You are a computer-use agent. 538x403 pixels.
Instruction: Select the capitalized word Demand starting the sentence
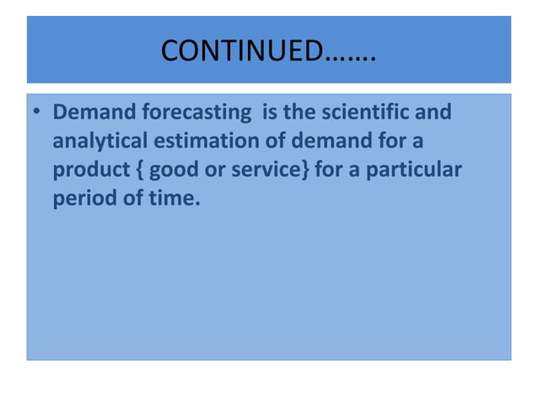click(89, 111)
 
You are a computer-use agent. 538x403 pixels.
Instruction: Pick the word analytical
click(97, 142)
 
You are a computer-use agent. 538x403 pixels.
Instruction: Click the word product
click(89, 171)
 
